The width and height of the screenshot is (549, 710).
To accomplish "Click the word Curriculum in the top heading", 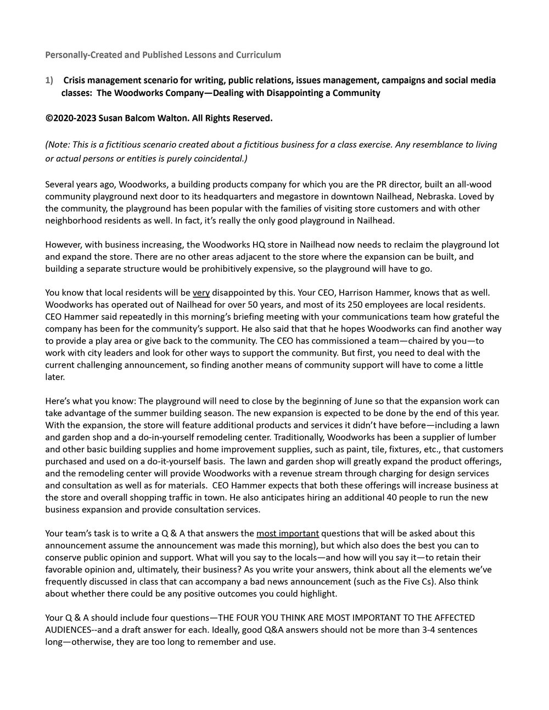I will point(259,55).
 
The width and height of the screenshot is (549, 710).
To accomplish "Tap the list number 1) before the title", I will point(49,81).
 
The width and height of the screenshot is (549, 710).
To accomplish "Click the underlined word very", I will point(201,292).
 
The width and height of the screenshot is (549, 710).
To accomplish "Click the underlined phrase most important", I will point(287,533).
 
